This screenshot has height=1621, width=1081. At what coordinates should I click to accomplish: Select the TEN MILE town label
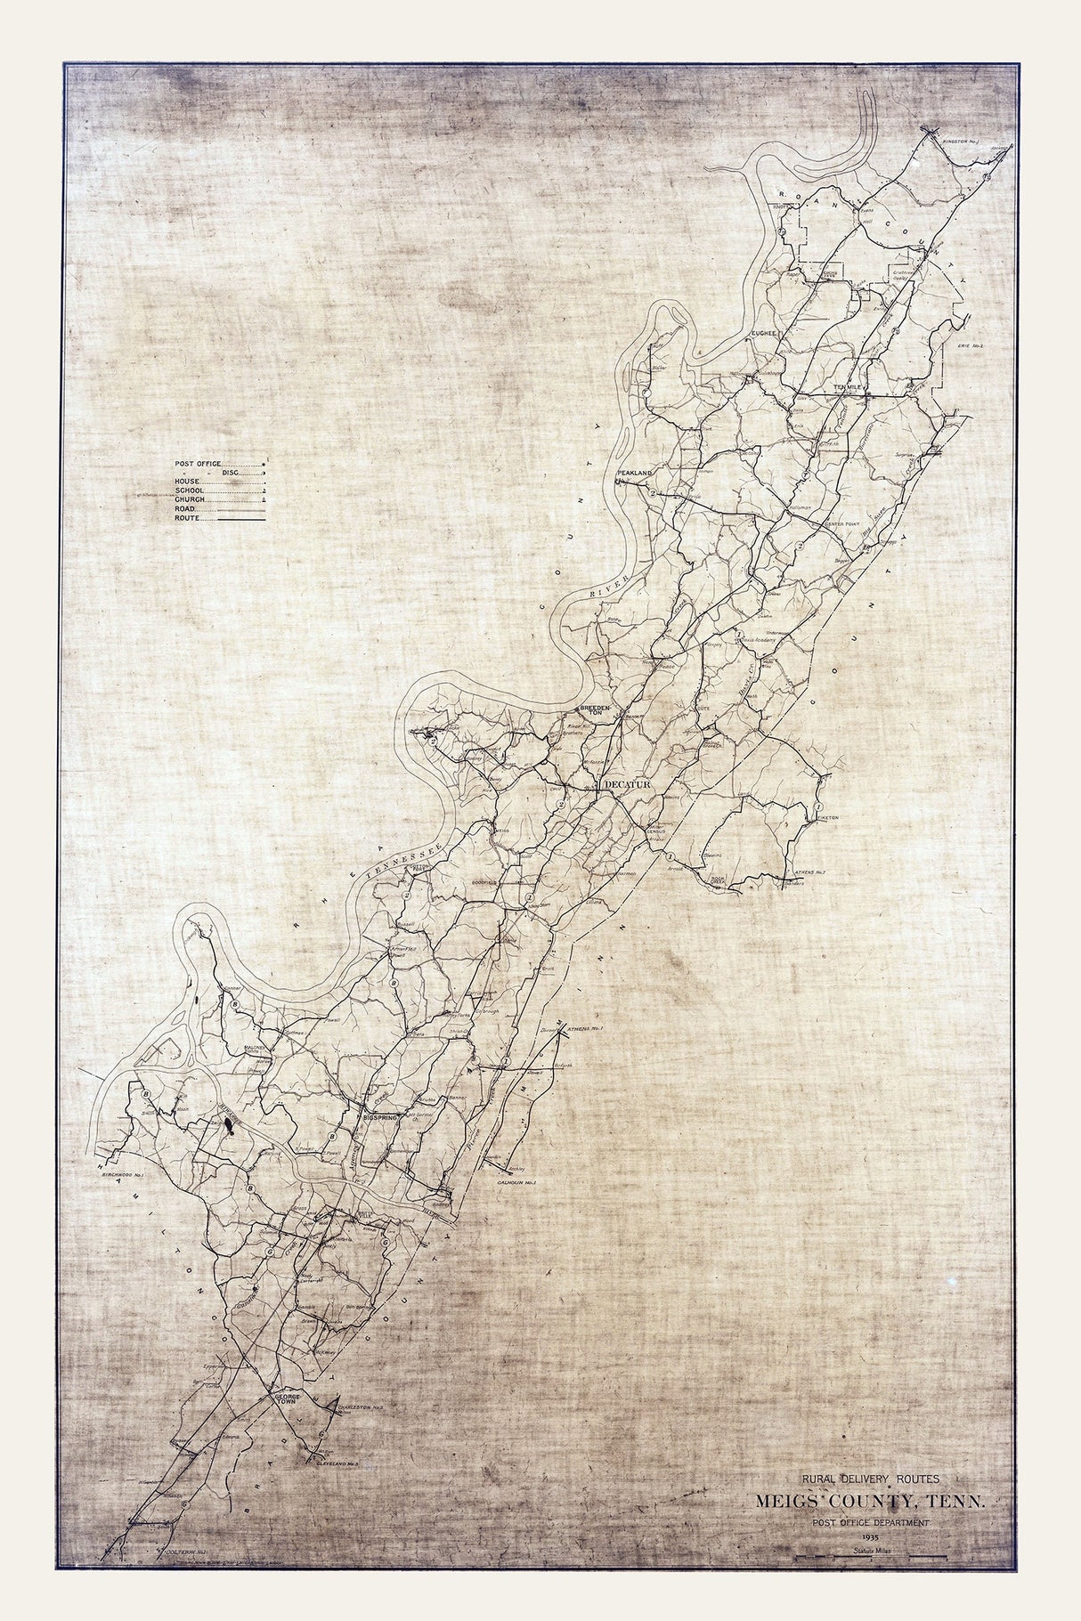pyautogui.click(x=849, y=387)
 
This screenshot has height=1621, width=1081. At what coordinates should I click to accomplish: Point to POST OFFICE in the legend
pyautogui.click(x=199, y=464)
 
